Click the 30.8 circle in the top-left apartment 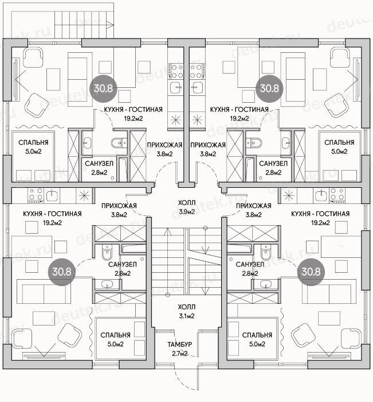pyautogui.click(x=103, y=88)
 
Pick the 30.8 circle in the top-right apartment pyautogui.click(x=269, y=88)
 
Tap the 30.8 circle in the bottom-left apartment pyautogui.click(x=62, y=272)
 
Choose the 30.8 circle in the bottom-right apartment pyautogui.click(x=311, y=272)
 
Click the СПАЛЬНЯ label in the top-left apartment pyautogui.click(x=33, y=142)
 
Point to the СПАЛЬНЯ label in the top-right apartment pyautogui.click(x=339, y=142)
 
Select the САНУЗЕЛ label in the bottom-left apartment pyautogui.click(x=123, y=265)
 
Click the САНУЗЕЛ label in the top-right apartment pyautogui.click(x=273, y=164)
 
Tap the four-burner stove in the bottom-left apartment pyautogui.click(x=36, y=196)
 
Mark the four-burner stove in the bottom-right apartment pyautogui.click(x=337, y=196)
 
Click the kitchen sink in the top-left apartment pyautogui.click(x=176, y=88)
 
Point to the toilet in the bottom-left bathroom pyautogui.click(x=107, y=252)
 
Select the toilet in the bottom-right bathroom pyautogui.click(x=266, y=252)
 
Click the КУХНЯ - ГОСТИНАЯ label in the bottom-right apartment pyautogui.click(x=320, y=214)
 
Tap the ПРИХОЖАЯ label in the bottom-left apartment pyautogui.click(x=119, y=206)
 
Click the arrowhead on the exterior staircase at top pyautogui.click(x=111, y=25)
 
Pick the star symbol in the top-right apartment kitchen pyautogui.click(x=197, y=119)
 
